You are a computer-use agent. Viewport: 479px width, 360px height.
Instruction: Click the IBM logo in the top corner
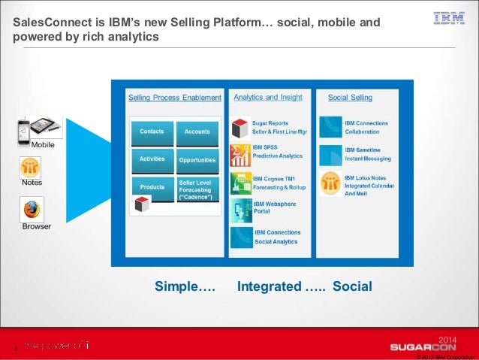coord(449,18)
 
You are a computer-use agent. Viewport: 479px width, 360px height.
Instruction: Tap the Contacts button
coord(152,132)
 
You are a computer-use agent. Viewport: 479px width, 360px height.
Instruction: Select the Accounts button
coord(197,132)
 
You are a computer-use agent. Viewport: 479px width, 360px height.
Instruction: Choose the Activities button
coord(152,159)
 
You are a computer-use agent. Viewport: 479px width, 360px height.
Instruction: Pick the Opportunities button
coord(197,160)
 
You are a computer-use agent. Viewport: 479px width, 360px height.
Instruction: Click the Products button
coord(152,186)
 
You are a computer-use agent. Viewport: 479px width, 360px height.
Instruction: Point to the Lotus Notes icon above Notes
coord(32,167)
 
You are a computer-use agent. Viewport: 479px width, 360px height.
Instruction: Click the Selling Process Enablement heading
coord(174,98)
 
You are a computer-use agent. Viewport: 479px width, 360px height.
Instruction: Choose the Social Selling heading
coord(350,98)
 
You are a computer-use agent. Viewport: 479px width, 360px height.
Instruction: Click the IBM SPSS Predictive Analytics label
coord(278,152)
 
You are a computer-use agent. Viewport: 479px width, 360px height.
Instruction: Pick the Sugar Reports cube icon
coord(240,126)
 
